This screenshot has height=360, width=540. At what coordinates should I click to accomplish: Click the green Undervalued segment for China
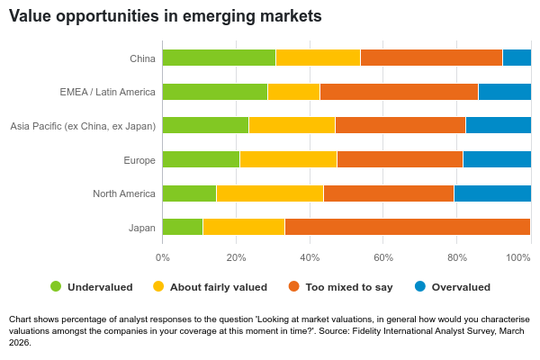(x=219, y=58)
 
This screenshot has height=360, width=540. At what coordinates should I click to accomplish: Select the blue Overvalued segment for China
(x=517, y=58)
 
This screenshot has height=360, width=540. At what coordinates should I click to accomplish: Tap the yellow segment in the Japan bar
(x=243, y=227)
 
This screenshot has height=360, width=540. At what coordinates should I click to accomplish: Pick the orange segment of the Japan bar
(x=407, y=227)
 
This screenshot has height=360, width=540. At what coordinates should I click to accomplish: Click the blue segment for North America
(x=492, y=193)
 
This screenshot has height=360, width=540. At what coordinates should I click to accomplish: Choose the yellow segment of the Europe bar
(x=288, y=159)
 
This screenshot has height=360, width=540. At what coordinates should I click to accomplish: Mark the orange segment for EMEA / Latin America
(x=399, y=92)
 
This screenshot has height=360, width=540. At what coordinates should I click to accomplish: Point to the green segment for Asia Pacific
(x=205, y=125)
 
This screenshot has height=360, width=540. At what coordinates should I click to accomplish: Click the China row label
(x=142, y=58)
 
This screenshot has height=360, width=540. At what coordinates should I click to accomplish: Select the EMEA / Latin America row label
(x=107, y=92)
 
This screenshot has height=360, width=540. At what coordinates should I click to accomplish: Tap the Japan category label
(x=142, y=228)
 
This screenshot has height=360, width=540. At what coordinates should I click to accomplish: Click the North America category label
(x=124, y=193)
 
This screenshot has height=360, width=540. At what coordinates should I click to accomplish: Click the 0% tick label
(x=163, y=257)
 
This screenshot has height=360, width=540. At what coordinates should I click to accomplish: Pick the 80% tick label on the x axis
(x=457, y=257)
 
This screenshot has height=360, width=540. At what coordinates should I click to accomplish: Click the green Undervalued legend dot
(x=56, y=287)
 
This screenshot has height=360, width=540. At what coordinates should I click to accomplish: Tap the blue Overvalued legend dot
(x=419, y=287)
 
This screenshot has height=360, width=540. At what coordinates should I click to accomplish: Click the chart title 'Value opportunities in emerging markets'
(x=165, y=16)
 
